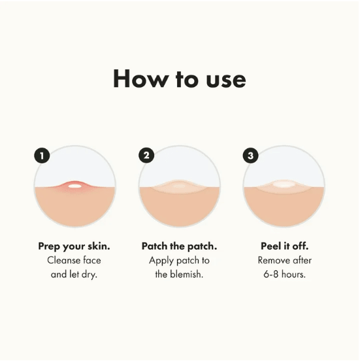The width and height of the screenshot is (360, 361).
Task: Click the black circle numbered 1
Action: click(x=42, y=156)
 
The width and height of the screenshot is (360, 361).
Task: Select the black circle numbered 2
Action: click(x=146, y=156)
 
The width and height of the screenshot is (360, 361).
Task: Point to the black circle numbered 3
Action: click(x=250, y=156)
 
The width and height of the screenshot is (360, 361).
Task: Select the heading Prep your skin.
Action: click(x=75, y=247)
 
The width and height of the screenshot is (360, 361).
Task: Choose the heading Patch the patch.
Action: click(x=179, y=247)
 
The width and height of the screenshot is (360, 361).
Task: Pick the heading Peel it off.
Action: click(x=284, y=247)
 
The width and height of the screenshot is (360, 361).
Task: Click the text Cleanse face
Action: click(x=75, y=260)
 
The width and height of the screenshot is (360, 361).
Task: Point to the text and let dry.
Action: click(x=75, y=274)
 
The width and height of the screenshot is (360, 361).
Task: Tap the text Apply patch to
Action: click(x=179, y=260)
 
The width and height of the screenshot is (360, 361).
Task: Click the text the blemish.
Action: click(x=179, y=274)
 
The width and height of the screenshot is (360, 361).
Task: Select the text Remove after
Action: click(x=284, y=260)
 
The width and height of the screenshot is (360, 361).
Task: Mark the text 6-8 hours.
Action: click(x=284, y=274)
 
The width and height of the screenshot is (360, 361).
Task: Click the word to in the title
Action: click(x=180, y=79)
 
